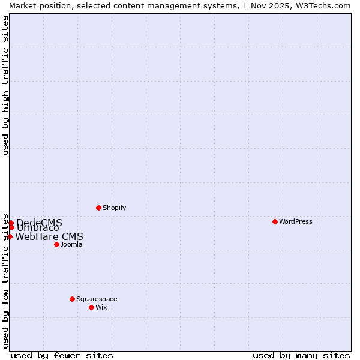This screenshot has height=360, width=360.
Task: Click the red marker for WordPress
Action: [275, 221]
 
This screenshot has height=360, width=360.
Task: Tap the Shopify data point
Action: [98, 208]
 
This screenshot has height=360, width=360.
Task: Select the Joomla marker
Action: [56, 244]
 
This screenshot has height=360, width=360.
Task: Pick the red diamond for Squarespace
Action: [72, 299]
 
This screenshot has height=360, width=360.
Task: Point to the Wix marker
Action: [91, 307]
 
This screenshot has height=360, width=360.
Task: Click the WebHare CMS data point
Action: [10, 236]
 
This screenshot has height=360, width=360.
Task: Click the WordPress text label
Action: [295, 221]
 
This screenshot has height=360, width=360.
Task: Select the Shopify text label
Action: [114, 208]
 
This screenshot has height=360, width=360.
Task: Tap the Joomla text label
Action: [71, 244]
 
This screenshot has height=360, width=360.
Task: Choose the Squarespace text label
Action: [97, 299]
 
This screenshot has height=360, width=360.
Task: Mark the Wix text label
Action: [101, 307]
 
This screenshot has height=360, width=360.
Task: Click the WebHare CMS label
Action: [49, 236]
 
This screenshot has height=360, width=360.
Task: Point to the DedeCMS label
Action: [39, 223]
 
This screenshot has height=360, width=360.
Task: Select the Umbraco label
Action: [38, 228]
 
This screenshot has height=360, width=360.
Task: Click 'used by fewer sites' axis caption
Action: [62, 355]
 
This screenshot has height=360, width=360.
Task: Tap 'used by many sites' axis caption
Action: [301, 355]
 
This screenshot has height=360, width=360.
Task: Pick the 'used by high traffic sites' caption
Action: [5, 86]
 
